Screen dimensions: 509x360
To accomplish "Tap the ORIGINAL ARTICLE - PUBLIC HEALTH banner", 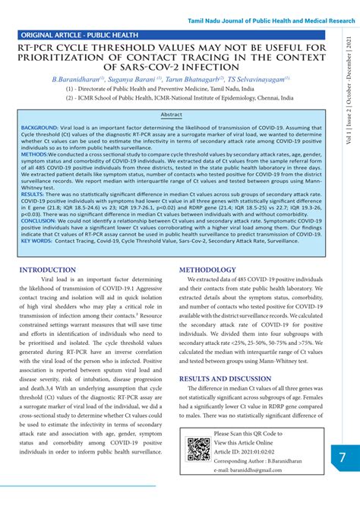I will tap(80, 35).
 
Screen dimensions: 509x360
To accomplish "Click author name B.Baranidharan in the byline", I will tap(79, 78).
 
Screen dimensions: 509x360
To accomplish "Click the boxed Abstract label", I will tap(171, 115).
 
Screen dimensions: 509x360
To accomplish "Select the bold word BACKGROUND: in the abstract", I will tap(39, 128).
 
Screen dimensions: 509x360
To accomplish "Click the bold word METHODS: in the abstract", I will tap(34, 153).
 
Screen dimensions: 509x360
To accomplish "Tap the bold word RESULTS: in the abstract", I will tap(32, 194).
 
